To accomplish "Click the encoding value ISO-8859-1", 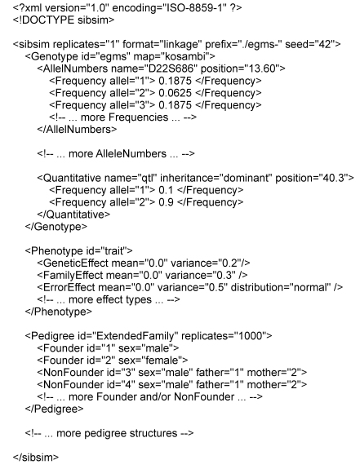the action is click(x=194, y=8).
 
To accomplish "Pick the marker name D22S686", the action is click(x=169, y=69).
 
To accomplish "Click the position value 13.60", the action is click(x=262, y=69).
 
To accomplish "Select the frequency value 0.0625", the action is click(x=175, y=93).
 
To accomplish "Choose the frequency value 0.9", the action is click(x=166, y=202).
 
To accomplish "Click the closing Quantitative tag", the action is click(x=73, y=215).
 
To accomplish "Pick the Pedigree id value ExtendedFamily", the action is click(x=134, y=336).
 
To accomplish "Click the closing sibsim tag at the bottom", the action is click(x=36, y=458).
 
